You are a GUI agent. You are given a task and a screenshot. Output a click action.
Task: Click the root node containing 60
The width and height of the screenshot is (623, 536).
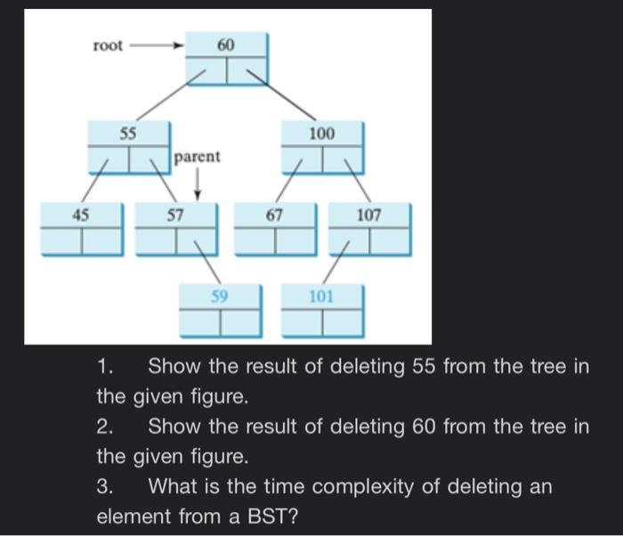(226, 59)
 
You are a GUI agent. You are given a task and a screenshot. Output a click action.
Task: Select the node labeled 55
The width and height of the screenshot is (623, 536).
(128, 147)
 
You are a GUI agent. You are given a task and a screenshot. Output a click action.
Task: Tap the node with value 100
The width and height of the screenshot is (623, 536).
(321, 147)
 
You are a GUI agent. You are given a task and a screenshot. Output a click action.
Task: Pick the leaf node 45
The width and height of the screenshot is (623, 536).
(82, 228)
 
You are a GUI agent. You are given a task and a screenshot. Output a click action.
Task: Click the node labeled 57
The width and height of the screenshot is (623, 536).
(175, 228)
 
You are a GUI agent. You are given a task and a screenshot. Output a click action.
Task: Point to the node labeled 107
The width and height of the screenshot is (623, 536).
(368, 228)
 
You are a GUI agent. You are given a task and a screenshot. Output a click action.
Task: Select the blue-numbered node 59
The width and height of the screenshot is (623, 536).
(220, 309)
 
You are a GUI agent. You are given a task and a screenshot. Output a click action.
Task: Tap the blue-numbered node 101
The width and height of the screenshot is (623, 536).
(321, 309)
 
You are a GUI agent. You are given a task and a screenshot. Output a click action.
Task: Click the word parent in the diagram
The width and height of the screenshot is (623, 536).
(197, 157)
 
